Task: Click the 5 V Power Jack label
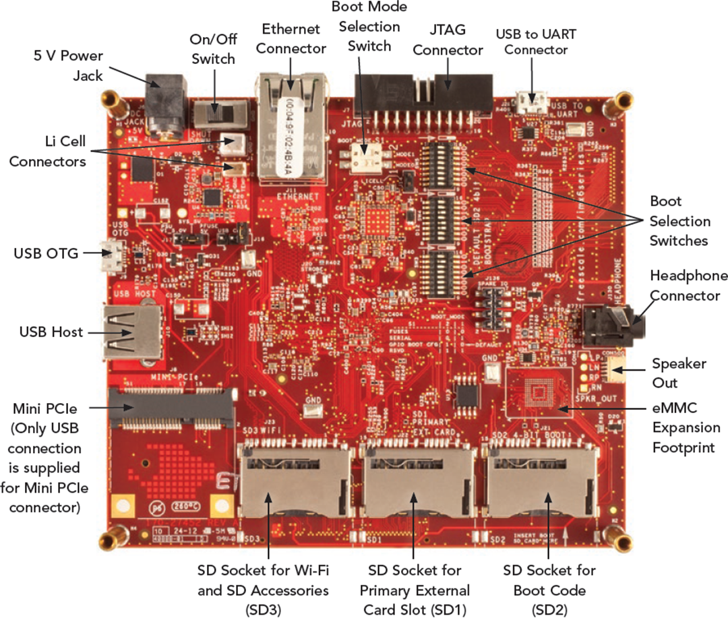pyautogui.click(x=68, y=65)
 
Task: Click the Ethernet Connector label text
pyautogui.click(x=291, y=38)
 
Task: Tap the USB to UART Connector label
pyautogui.click(x=536, y=41)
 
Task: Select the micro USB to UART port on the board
pyautogui.click(x=533, y=103)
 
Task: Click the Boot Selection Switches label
pyautogui.click(x=679, y=221)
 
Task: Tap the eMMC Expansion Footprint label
pyautogui.click(x=685, y=427)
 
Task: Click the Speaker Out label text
pyautogui.click(x=678, y=373)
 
